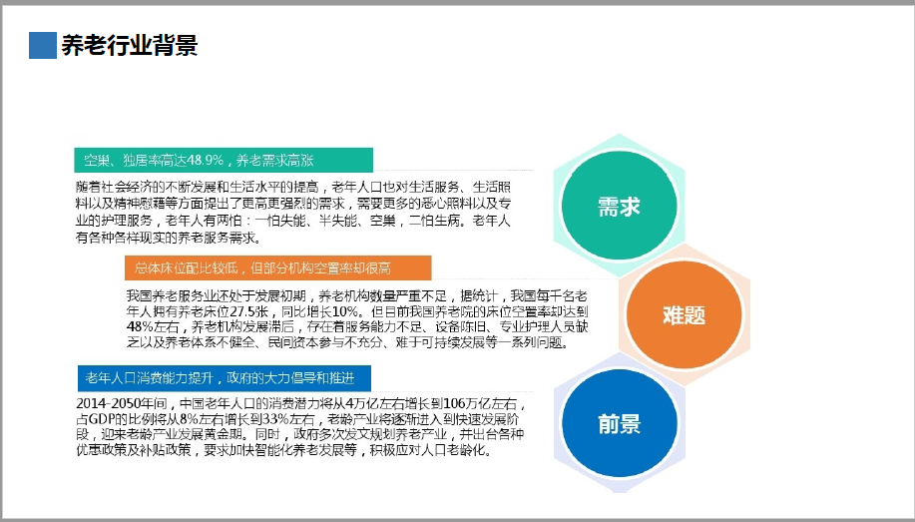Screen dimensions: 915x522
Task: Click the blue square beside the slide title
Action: pyautogui.click(x=43, y=45)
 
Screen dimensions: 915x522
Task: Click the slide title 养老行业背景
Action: pyautogui.click(x=130, y=45)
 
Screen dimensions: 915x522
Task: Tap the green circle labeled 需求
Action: pyautogui.click(x=619, y=206)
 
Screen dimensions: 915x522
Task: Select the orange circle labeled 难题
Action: pyautogui.click(x=684, y=314)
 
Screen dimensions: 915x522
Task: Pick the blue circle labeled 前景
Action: pyautogui.click(x=619, y=423)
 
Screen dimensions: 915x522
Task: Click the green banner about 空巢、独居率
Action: pyautogui.click(x=224, y=160)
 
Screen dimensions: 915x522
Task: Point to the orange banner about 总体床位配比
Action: pyautogui.click(x=277, y=268)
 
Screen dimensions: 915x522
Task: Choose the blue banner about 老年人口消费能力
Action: pyautogui.click(x=225, y=378)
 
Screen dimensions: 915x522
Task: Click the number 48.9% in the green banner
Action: pyautogui.click(x=206, y=160)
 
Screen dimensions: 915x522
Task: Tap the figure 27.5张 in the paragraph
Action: pyautogui.click(x=251, y=311)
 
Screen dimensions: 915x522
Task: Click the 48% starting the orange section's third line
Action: pyautogui.click(x=139, y=327)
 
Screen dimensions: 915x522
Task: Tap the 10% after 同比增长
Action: pyautogui.click(x=345, y=311)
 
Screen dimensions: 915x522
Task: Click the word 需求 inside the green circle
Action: pyautogui.click(x=619, y=207)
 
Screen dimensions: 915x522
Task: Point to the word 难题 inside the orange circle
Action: pyautogui.click(x=684, y=315)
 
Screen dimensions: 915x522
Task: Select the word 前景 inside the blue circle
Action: pyautogui.click(x=619, y=424)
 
